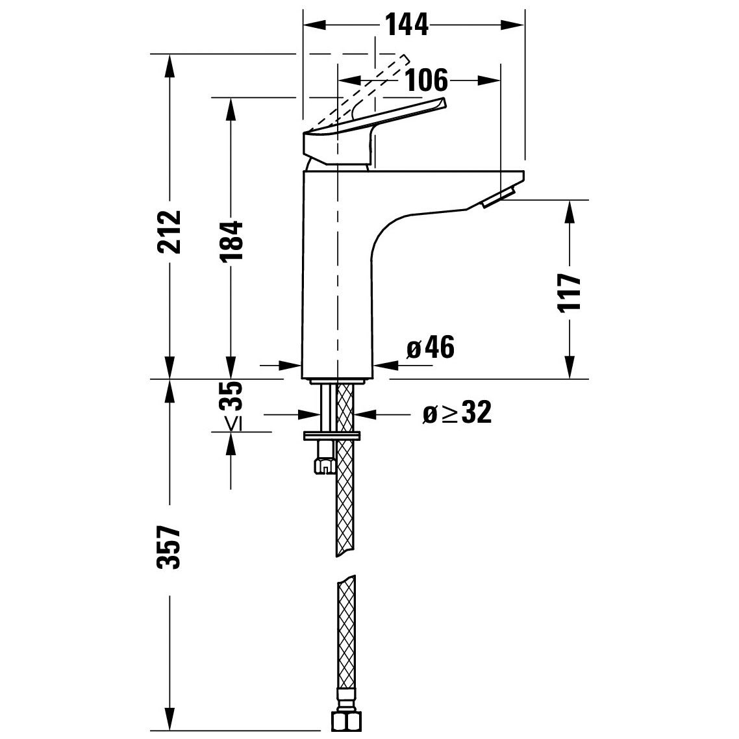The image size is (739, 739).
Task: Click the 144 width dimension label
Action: click(x=407, y=25)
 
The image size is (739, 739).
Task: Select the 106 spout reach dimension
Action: click(x=427, y=81)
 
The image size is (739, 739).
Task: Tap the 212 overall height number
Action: click(x=169, y=232)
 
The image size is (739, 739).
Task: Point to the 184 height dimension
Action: click(x=231, y=241)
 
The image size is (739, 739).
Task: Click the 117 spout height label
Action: click(x=569, y=293)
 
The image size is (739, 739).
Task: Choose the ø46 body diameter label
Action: click(x=430, y=349)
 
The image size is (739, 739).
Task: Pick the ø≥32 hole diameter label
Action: click(x=457, y=413)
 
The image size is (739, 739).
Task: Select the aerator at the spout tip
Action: click(x=498, y=196)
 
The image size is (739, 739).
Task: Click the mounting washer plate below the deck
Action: click(x=332, y=434)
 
